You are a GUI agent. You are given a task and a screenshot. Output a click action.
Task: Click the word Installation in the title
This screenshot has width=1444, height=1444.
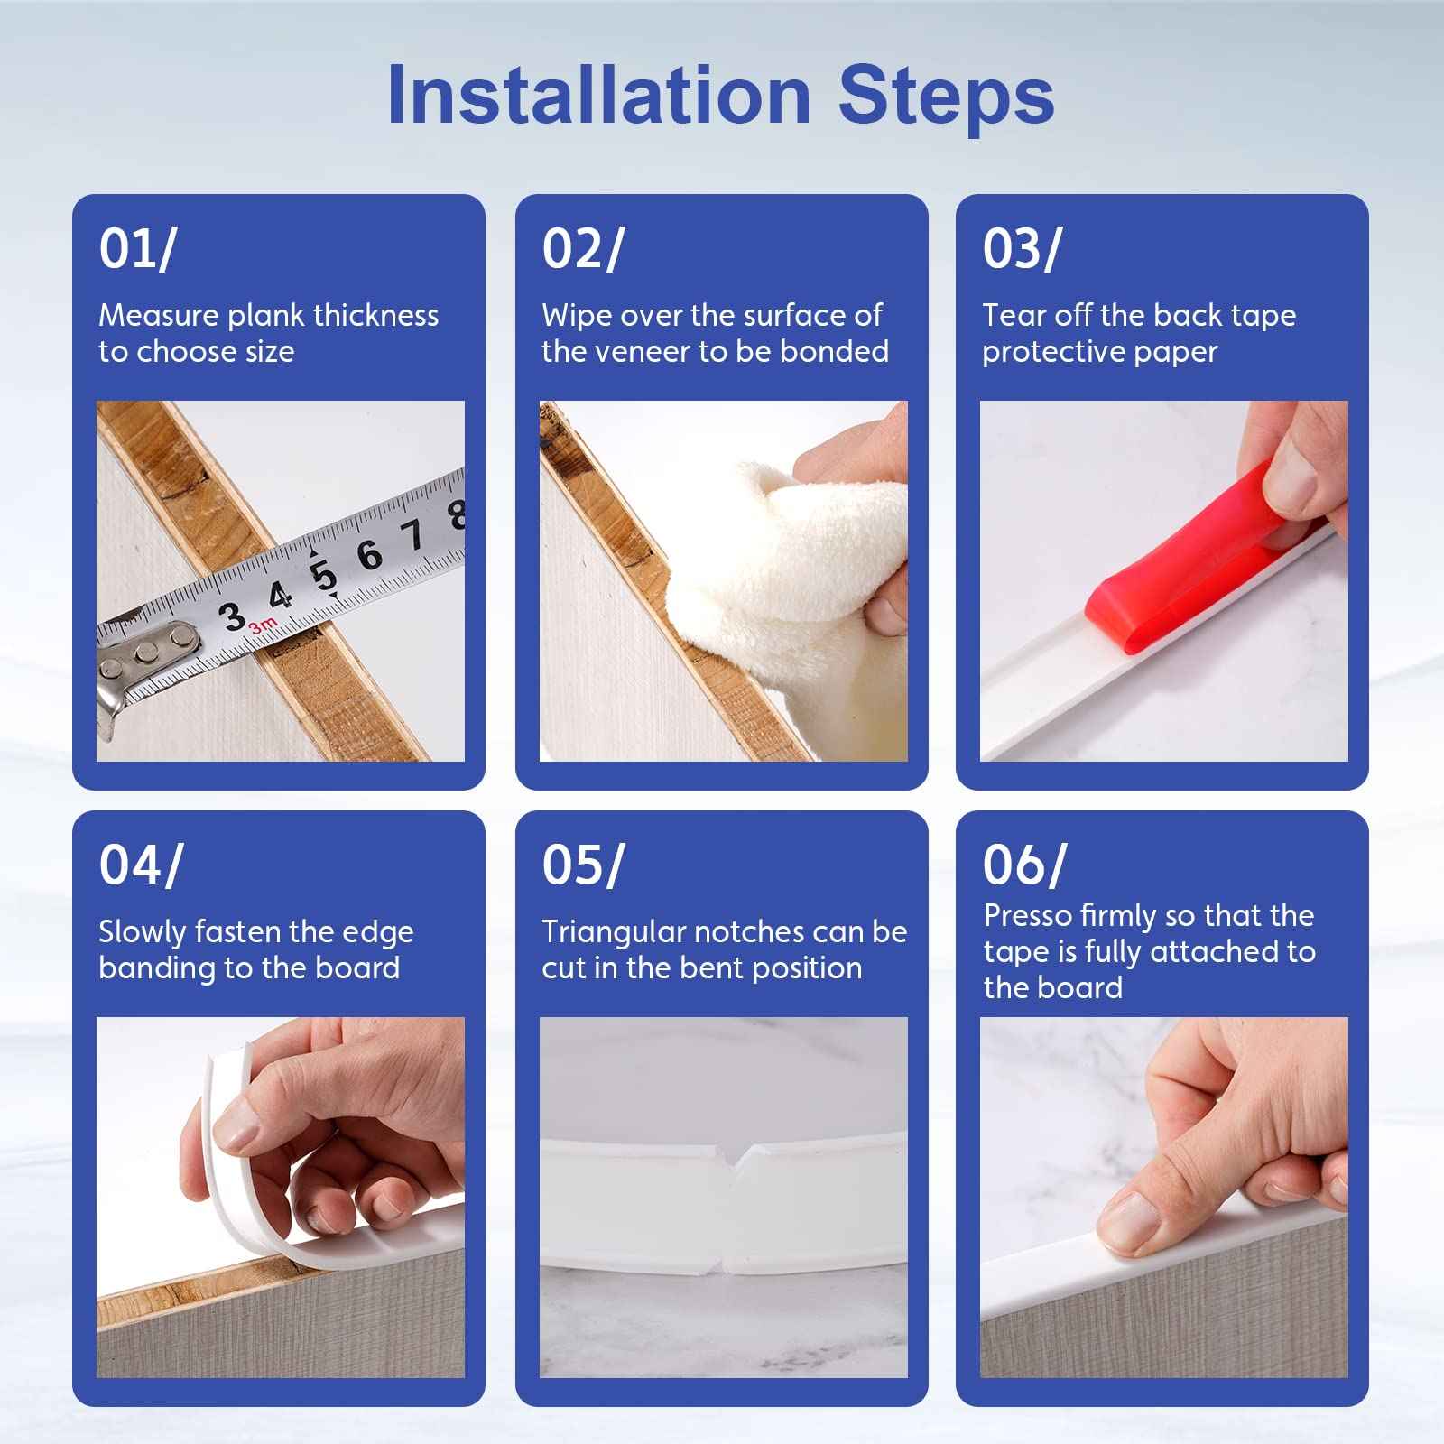(x=598, y=97)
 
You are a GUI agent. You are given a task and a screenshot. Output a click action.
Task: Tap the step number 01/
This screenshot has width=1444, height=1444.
(x=137, y=248)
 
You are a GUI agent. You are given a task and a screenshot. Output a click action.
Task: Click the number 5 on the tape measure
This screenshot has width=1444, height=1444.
(x=322, y=576)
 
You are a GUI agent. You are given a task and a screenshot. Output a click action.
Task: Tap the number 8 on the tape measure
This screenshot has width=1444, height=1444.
(x=456, y=515)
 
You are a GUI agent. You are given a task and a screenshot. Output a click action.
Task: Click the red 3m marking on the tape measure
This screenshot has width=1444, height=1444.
(x=263, y=625)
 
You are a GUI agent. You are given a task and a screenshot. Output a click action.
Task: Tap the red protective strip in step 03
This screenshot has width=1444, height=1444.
(x=1173, y=569)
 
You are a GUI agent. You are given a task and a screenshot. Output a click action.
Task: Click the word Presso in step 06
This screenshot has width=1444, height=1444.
(x=1024, y=916)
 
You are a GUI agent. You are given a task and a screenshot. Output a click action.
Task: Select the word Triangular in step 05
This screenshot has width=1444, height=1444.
(x=613, y=932)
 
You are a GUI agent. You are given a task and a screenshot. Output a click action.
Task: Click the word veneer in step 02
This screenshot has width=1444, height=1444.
(x=637, y=352)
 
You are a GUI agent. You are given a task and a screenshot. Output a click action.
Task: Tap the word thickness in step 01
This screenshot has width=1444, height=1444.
(x=375, y=316)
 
